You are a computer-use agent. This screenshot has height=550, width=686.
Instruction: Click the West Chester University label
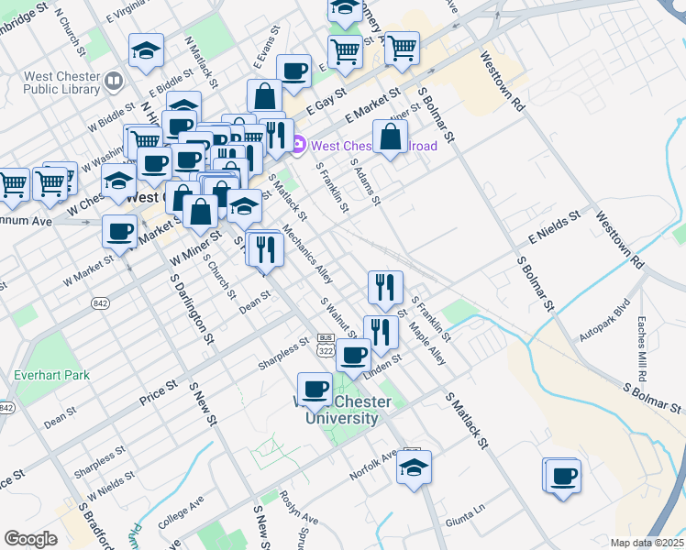[x=335, y=411]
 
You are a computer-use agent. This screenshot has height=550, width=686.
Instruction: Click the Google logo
[x=30, y=539]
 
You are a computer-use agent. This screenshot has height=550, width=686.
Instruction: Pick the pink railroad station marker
[x=299, y=145]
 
